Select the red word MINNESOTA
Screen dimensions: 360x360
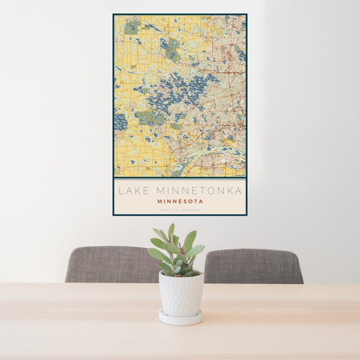[x=180, y=202]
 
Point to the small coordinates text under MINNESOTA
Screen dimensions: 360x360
[x=180, y=209]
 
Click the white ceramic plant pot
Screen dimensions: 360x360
[x=181, y=294]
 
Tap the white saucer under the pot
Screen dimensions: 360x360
[x=181, y=317]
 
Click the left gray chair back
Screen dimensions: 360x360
[x=112, y=264]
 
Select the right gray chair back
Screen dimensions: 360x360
[x=253, y=266]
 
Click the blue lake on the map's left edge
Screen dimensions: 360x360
[x=120, y=122]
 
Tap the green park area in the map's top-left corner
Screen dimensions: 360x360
[x=132, y=27]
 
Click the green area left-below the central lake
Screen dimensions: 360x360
[x=147, y=117]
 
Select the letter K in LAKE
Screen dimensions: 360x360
[x=139, y=191]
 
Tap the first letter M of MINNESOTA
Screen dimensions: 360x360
[x=160, y=202]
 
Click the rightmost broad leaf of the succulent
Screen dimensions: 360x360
[x=194, y=251]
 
